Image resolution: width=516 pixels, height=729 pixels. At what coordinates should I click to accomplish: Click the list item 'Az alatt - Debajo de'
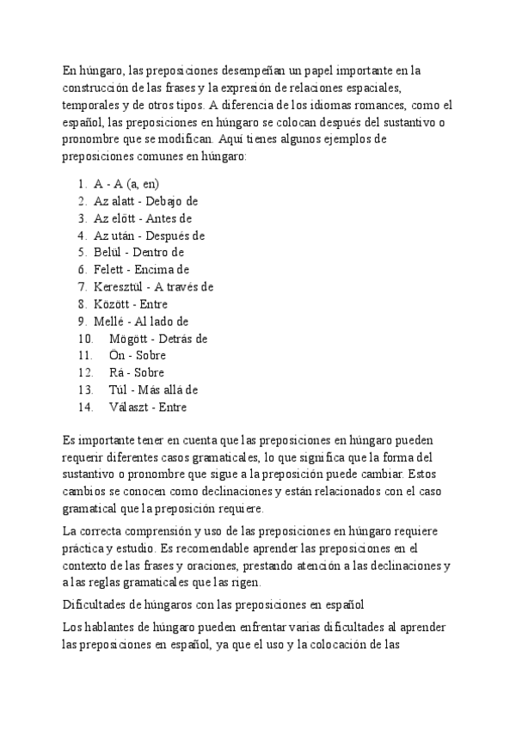(146, 201)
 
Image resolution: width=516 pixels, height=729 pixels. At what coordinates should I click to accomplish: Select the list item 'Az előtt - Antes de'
(143, 218)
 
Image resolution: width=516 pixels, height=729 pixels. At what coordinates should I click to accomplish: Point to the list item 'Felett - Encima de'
(141, 270)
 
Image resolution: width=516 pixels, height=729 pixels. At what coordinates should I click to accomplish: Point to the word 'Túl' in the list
(118, 390)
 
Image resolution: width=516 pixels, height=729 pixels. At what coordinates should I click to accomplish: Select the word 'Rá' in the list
(117, 373)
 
